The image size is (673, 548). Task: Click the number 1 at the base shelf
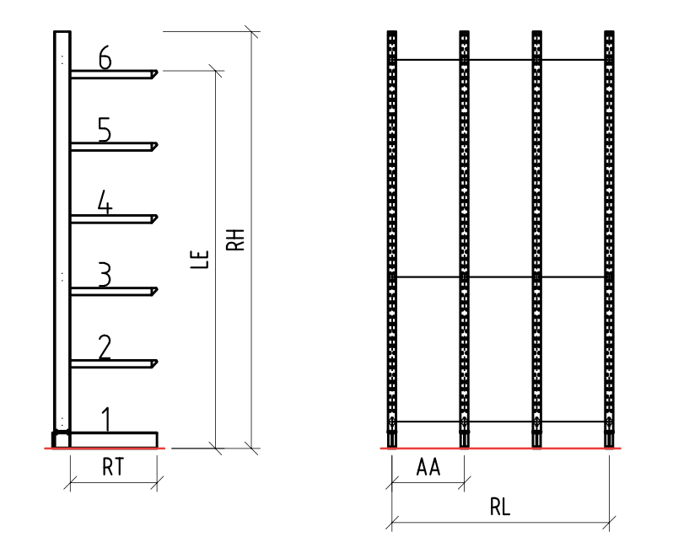105,417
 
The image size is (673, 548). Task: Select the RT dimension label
112,470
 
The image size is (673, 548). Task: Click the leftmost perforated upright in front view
392,236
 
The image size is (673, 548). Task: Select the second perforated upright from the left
465,236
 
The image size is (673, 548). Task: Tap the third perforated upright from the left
537,236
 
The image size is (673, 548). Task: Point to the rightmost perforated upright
610,236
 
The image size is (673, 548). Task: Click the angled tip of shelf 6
156,75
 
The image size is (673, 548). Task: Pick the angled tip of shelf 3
156,292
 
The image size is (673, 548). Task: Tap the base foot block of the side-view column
61,439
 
